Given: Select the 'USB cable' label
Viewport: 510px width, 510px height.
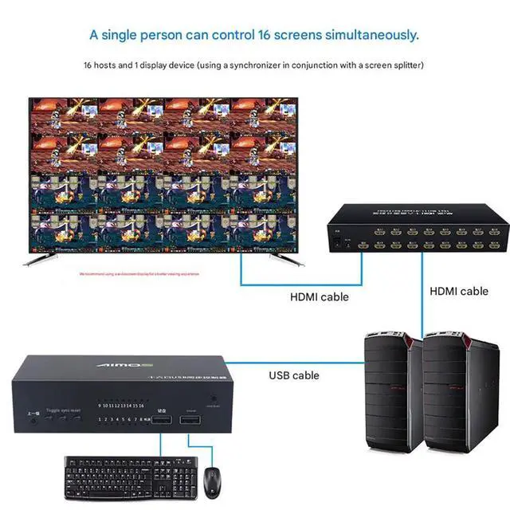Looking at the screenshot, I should [293, 375].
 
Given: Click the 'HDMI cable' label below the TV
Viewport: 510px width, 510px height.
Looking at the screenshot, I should [319, 297].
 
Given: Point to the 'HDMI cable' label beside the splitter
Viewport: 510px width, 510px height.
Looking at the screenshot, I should [459, 292].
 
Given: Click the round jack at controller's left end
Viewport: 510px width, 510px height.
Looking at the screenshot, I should [34, 420].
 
